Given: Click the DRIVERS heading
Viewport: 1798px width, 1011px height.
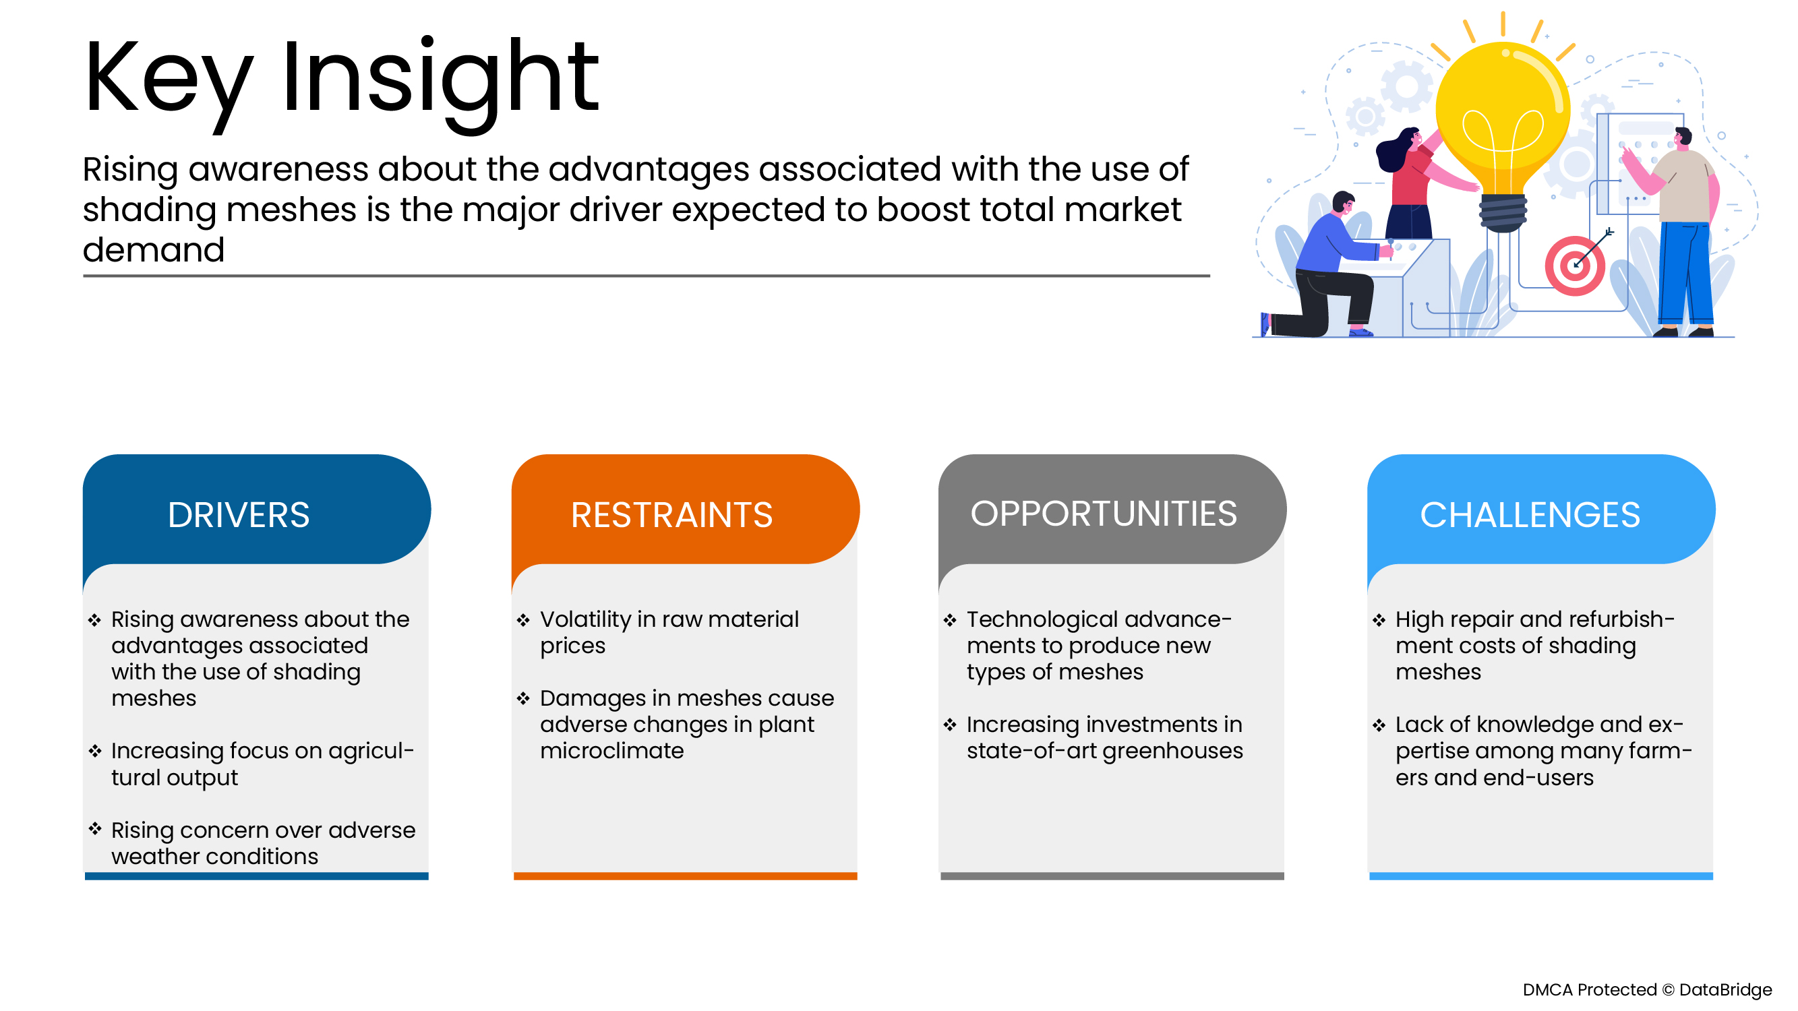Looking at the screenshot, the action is click(238, 515).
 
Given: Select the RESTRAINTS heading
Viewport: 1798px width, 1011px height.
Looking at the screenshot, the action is click(671, 515).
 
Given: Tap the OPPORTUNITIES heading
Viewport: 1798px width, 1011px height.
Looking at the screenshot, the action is click(1104, 514).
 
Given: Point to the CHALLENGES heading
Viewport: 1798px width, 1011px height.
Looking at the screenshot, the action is click(1529, 515).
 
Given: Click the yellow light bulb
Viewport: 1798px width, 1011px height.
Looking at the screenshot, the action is click(1502, 133).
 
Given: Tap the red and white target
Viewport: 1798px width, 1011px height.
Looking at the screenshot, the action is click(1575, 266).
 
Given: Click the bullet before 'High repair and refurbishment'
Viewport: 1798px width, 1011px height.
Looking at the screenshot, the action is click(1379, 619).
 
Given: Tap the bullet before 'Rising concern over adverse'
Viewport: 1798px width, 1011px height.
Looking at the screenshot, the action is click(95, 828).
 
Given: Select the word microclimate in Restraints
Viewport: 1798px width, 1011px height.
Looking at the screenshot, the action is click(612, 751).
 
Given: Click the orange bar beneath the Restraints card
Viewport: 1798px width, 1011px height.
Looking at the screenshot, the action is click(685, 876).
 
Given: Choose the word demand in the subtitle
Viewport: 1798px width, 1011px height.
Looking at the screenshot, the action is click(154, 250).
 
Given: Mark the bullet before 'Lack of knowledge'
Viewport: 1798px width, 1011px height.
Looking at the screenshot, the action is click(1379, 725).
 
